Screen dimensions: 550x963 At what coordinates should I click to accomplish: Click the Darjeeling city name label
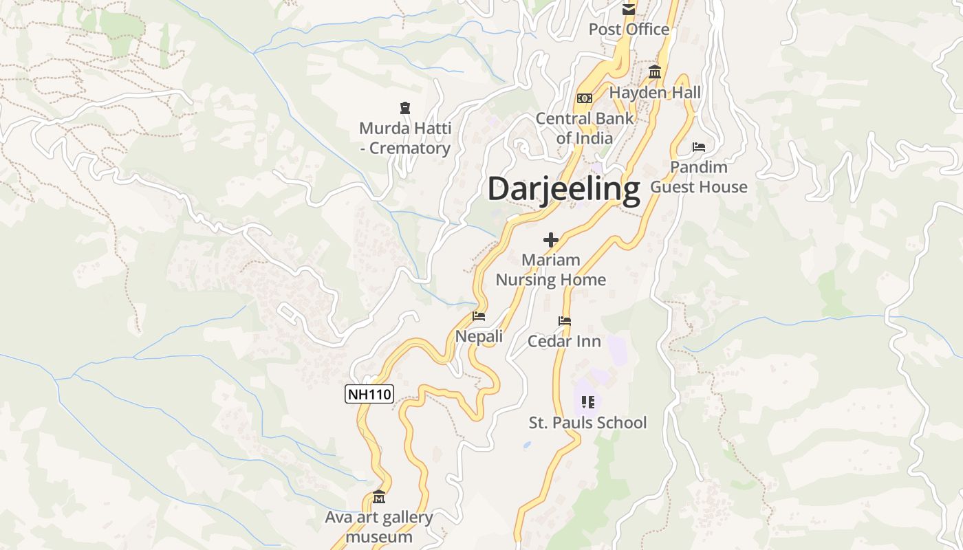click(x=564, y=188)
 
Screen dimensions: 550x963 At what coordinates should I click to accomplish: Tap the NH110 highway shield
click(x=369, y=394)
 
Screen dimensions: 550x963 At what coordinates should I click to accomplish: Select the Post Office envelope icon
click(x=629, y=10)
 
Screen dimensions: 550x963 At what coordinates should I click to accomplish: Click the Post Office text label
click(x=629, y=30)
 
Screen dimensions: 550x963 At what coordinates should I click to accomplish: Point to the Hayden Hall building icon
click(x=654, y=72)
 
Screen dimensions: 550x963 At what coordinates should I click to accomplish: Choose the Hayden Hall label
click(x=655, y=92)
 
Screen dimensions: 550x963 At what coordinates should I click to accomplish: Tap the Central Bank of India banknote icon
click(x=585, y=98)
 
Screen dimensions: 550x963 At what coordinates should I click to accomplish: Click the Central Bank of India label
click(x=585, y=128)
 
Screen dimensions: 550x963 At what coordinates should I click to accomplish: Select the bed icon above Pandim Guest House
click(x=699, y=147)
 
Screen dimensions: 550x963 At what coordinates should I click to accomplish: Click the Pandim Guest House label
click(x=699, y=177)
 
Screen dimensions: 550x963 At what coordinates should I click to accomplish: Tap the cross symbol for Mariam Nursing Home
click(x=550, y=240)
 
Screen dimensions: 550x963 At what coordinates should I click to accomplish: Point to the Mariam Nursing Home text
click(x=550, y=269)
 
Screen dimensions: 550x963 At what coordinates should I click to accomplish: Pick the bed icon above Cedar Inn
click(x=565, y=321)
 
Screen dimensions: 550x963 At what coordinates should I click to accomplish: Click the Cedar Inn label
click(x=564, y=341)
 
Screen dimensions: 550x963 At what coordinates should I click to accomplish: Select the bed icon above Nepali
click(x=479, y=316)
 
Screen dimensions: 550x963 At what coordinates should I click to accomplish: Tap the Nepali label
click(x=479, y=336)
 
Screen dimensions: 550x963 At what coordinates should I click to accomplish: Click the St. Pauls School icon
click(x=587, y=401)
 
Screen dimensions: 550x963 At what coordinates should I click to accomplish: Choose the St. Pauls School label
click(x=587, y=422)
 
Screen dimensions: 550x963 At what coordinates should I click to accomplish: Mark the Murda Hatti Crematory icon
click(x=405, y=108)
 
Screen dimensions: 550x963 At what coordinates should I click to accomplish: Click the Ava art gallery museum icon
click(x=379, y=496)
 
